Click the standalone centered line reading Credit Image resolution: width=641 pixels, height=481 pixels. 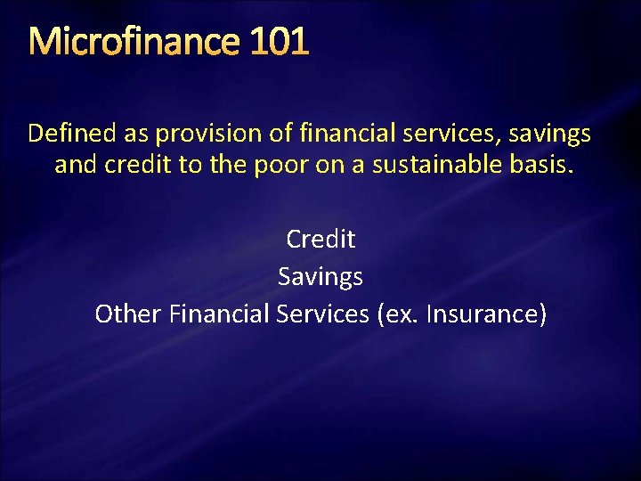click(x=320, y=239)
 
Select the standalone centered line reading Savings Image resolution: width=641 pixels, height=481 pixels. click(x=320, y=276)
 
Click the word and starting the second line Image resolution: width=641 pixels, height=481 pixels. click(x=74, y=166)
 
